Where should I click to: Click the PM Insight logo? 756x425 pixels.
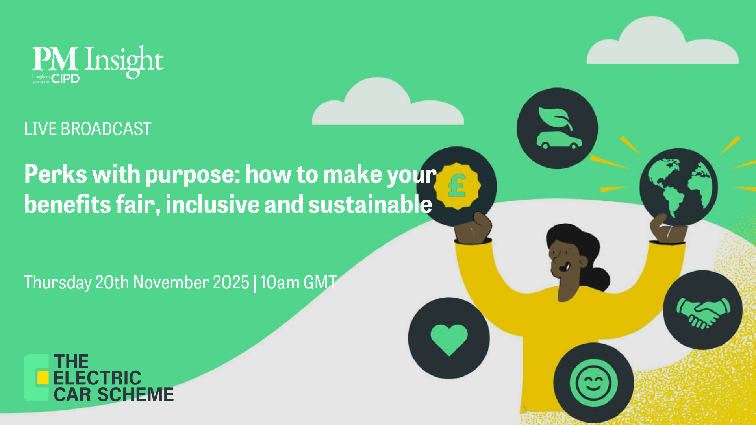[98, 63]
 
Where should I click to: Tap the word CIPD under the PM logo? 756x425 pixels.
[65, 79]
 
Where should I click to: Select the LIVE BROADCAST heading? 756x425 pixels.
[87, 129]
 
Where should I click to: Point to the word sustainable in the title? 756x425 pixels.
[370, 205]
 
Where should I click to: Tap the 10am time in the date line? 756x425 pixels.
[280, 282]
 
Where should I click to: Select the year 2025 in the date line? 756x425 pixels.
[231, 282]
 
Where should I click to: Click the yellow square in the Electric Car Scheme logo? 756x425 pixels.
[43, 377]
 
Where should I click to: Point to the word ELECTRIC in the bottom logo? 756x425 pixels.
[97, 378]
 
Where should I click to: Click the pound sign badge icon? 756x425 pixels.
[457, 186]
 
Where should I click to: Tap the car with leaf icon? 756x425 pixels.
[557, 128]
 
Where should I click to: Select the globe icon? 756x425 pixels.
[678, 187]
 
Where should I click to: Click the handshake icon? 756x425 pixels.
[703, 310]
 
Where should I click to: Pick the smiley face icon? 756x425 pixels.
[593, 382]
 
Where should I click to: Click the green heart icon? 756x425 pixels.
[449, 338]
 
